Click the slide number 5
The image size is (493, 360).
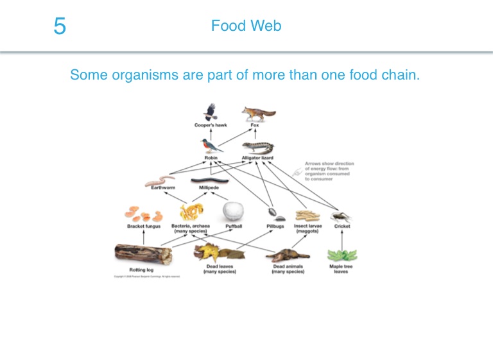[x=60, y=27]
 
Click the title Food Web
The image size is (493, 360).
[x=246, y=26]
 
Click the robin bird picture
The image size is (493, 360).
[x=211, y=144]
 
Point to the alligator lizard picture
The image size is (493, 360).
[x=259, y=147]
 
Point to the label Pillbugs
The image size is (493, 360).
[x=275, y=227]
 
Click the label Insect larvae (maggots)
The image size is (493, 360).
[x=307, y=228]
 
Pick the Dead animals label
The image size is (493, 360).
[x=288, y=268]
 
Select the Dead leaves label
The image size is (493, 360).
[x=219, y=268]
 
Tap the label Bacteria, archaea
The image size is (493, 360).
[x=191, y=227]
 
